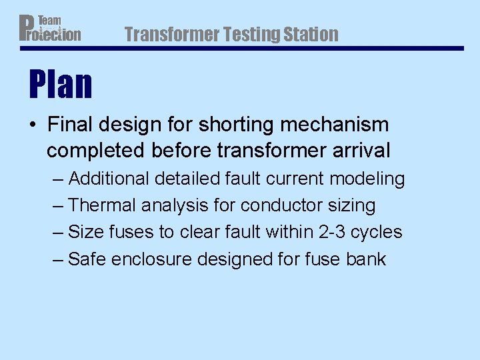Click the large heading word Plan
pyautogui.click(x=60, y=85)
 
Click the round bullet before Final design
pyautogui.click(x=33, y=125)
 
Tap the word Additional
pyautogui.click(x=109, y=179)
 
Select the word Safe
pyautogui.click(x=87, y=259)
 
